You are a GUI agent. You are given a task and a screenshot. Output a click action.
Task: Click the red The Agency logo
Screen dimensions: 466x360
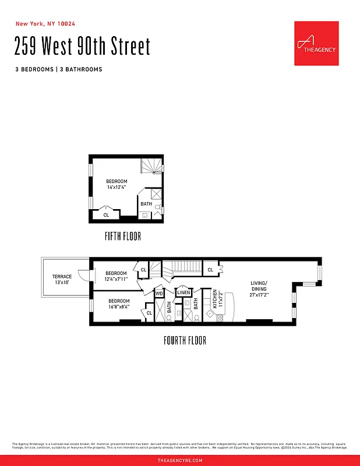pyautogui.click(x=316, y=43)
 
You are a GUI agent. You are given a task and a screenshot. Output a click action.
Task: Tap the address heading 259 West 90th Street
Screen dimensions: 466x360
pyautogui.click(x=83, y=47)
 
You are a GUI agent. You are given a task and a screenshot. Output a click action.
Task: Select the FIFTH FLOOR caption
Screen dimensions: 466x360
pyautogui.click(x=122, y=236)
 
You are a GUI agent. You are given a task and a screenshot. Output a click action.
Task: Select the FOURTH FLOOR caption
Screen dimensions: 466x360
pyautogui.click(x=184, y=340)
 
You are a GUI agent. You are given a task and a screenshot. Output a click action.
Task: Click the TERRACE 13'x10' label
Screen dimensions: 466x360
pyautogui.click(x=62, y=280)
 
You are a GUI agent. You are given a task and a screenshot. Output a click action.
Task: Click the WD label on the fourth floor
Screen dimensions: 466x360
pyautogui.click(x=159, y=294)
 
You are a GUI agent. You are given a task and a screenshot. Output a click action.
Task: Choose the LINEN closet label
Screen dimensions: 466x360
pyautogui.click(x=183, y=293)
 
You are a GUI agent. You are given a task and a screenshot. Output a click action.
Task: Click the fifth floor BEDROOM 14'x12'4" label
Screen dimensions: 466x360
pyautogui.click(x=117, y=185)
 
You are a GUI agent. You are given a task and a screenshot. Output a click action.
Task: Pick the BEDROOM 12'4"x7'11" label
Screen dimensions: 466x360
pyautogui.click(x=116, y=276)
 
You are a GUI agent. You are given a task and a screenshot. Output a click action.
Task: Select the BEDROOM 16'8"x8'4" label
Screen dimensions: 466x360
pyautogui.click(x=119, y=303)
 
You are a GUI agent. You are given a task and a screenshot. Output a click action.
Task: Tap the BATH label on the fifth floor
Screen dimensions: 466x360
pyautogui.click(x=146, y=204)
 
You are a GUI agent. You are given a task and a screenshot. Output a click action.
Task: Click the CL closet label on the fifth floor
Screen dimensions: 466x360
pyautogui.click(x=106, y=215)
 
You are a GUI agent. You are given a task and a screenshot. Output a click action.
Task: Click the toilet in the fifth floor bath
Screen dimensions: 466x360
pyautogui.click(x=157, y=207)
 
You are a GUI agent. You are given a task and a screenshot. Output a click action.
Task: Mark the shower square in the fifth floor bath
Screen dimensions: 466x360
pyautogui.click(x=157, y=195)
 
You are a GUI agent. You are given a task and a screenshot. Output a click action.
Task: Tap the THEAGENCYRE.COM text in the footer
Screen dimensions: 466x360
pyautogui.click(x=180, y=460)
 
